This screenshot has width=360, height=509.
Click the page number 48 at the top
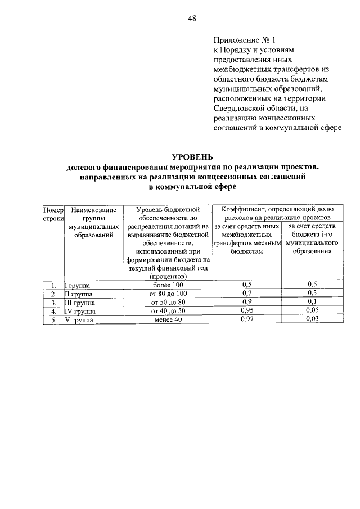192,18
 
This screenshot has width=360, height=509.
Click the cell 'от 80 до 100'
167,293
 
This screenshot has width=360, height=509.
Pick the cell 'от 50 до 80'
167,302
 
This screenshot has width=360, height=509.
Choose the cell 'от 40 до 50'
167,310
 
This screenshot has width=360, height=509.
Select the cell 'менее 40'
167,319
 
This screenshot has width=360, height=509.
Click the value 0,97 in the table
246,319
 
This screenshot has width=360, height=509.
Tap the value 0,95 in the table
246,310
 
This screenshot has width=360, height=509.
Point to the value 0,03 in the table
312,319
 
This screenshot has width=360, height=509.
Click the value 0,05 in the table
312,310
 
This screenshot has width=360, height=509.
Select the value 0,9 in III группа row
246,302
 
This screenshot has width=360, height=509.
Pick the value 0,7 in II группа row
246,293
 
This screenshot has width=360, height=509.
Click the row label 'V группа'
79,319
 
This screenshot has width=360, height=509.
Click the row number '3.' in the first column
54,302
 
